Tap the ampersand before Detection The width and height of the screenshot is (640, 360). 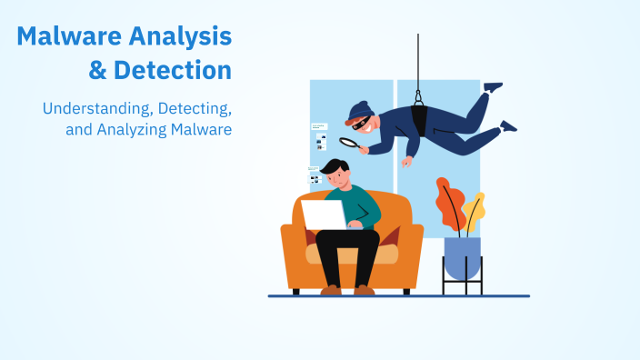97,70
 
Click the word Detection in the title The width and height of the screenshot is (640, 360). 172,70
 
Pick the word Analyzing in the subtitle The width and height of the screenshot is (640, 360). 128,130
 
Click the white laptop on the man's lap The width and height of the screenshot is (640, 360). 324,215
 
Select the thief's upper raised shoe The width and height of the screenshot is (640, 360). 493,87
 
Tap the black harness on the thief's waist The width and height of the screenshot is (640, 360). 419,115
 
